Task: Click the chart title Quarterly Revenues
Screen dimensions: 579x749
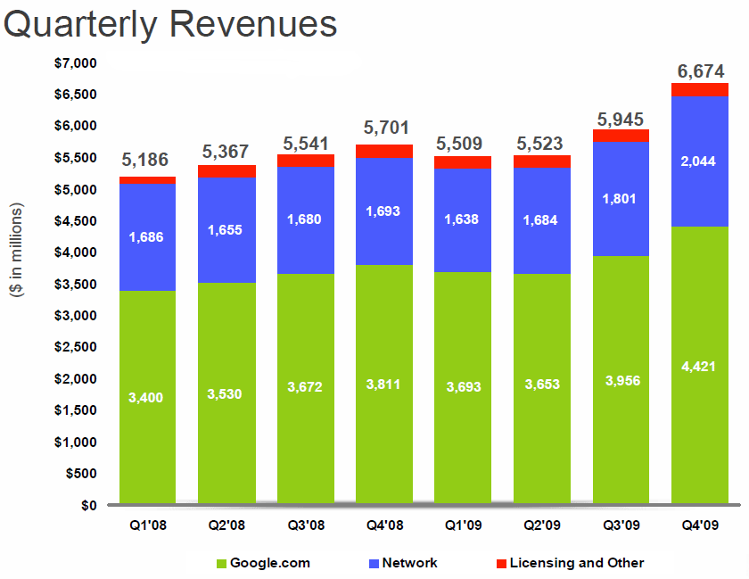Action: point(170,24)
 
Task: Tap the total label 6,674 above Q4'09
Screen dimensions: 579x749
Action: point(700,70)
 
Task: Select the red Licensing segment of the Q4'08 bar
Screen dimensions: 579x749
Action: point(384,151)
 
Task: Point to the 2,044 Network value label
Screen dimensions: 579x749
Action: point(700,160)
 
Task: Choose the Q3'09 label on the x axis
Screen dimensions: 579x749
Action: point(621,526)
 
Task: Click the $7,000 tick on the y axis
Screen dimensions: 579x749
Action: point(76,62)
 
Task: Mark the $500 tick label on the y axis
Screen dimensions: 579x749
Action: point(81,474)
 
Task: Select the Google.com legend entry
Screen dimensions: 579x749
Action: point(264,563)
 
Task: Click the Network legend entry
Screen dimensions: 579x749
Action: point(403,563)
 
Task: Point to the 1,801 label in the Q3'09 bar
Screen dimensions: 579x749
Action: point(621,198)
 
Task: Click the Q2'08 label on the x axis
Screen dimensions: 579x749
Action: point(226,526)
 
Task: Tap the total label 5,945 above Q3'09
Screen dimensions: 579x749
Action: point(621,120)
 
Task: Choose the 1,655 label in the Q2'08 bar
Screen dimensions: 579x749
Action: point(226,229)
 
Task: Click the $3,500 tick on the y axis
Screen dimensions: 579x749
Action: point(76,284)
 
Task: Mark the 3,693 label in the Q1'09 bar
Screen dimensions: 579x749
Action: point(463,387)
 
